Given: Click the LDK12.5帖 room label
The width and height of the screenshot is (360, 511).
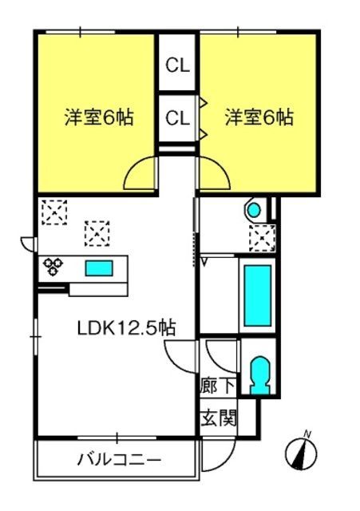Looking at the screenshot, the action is [127, 328].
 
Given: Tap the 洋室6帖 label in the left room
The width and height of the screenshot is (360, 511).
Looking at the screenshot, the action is [99, 117].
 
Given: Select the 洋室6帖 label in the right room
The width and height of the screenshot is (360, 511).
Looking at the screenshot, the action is [259, 117].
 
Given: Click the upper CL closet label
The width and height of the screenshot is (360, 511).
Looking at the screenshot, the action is [177, 65].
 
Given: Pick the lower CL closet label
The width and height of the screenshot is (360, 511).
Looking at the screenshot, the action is [177, 117].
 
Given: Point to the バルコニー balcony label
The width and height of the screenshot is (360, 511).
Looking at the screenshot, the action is [119, 460].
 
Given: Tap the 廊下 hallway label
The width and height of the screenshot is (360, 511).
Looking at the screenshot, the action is [217, 386].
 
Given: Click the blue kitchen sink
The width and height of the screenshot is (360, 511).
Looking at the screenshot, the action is [99, 268].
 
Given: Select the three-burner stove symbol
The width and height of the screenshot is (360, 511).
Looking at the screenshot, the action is [53, 266].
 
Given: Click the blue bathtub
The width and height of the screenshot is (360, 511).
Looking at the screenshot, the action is [258, 296].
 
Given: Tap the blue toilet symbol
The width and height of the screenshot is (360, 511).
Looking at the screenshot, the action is [259, 375].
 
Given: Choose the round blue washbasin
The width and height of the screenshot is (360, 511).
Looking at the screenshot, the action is [254, 210].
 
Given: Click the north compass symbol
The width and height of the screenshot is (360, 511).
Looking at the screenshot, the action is [301, 452].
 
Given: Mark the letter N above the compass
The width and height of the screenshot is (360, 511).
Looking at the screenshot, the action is [307, 434].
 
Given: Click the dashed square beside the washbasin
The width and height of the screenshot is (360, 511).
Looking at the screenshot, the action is [263, 238].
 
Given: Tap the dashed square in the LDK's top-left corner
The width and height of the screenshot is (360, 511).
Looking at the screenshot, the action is [54, 212].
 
